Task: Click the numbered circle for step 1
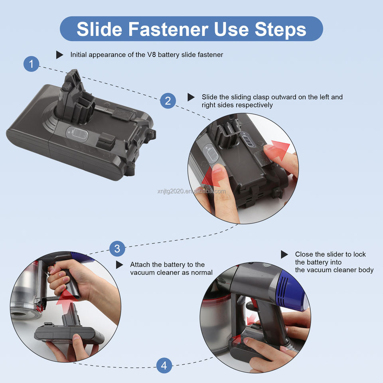click(x=31, y=64)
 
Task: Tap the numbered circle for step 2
click(x=168, y=101)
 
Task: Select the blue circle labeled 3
click(x=117, y=249)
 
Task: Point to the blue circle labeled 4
click(x=164, y=365)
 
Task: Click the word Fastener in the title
click(x=168, y=29)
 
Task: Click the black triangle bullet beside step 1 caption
click(x=59, y=55)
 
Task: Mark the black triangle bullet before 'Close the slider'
click(x=284, y=254)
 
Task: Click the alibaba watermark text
click(x=191, y=191)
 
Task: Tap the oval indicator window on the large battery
click(x=77, y=134)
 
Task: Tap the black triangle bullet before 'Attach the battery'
click(x=119, y=265)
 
